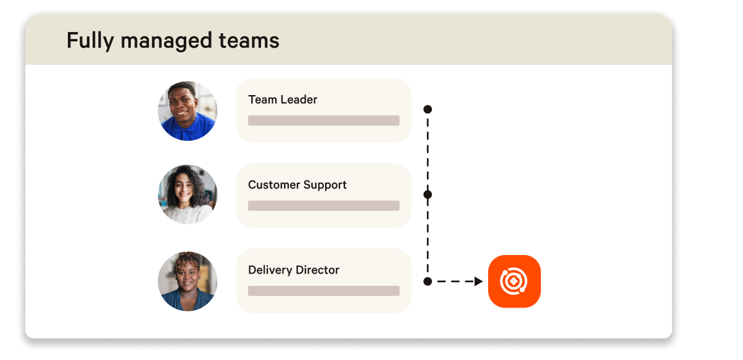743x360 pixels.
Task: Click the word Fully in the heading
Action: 91,41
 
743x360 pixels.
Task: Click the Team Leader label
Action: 283,99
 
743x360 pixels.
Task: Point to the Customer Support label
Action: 297,185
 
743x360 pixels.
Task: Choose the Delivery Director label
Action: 294,270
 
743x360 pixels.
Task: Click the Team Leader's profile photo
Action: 188,111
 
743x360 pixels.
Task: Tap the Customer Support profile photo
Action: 188,194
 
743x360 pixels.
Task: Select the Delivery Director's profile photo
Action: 188,280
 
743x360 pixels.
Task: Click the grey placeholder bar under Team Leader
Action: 323,120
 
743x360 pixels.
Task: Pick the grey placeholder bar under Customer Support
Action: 323,206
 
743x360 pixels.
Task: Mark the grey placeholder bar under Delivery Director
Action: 323,291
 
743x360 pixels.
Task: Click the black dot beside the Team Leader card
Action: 428,109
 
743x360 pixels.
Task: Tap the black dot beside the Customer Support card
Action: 428,195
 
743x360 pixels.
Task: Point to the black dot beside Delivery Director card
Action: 428,282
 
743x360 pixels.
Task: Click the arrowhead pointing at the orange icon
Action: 478,282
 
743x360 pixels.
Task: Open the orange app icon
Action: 514,282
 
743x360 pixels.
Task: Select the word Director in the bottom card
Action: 318,270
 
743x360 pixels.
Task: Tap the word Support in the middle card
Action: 326,185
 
